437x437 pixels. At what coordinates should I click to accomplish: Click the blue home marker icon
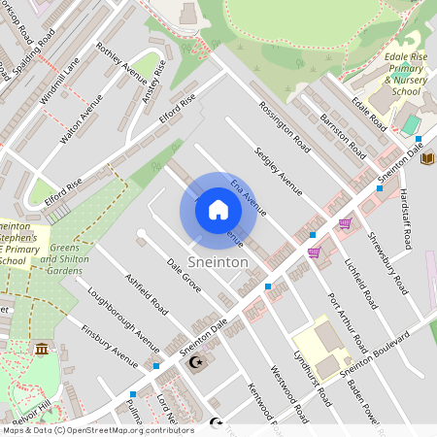pos(218,210)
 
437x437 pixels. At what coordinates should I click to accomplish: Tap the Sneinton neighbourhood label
pos(218,263)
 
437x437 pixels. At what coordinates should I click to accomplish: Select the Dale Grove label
pos(184,277)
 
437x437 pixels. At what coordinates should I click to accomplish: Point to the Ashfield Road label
pos(147,291)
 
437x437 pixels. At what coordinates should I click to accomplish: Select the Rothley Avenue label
pos(120,65)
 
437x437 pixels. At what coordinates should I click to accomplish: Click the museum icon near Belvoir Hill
pos(41,349)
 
